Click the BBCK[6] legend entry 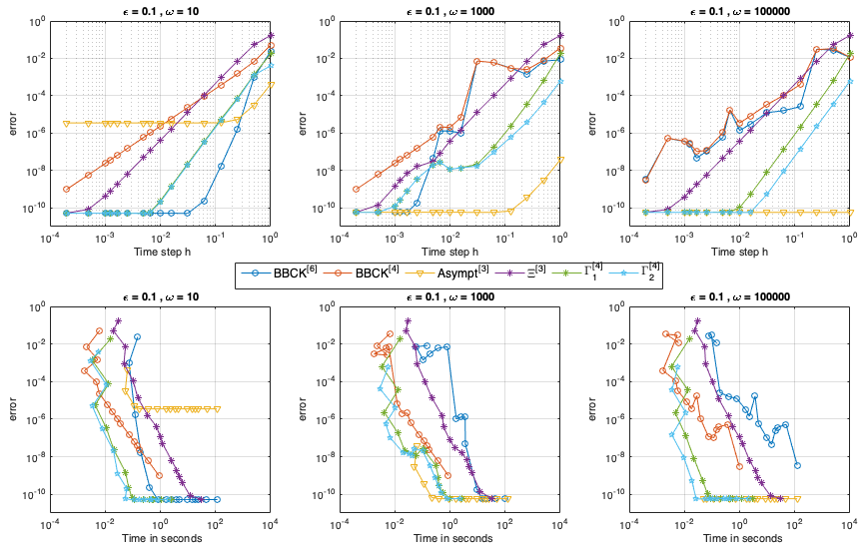click(287, 271)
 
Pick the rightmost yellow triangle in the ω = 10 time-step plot click(271, 84)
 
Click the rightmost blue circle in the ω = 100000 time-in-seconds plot click(797, 465)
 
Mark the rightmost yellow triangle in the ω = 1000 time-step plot click(559, 159)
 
